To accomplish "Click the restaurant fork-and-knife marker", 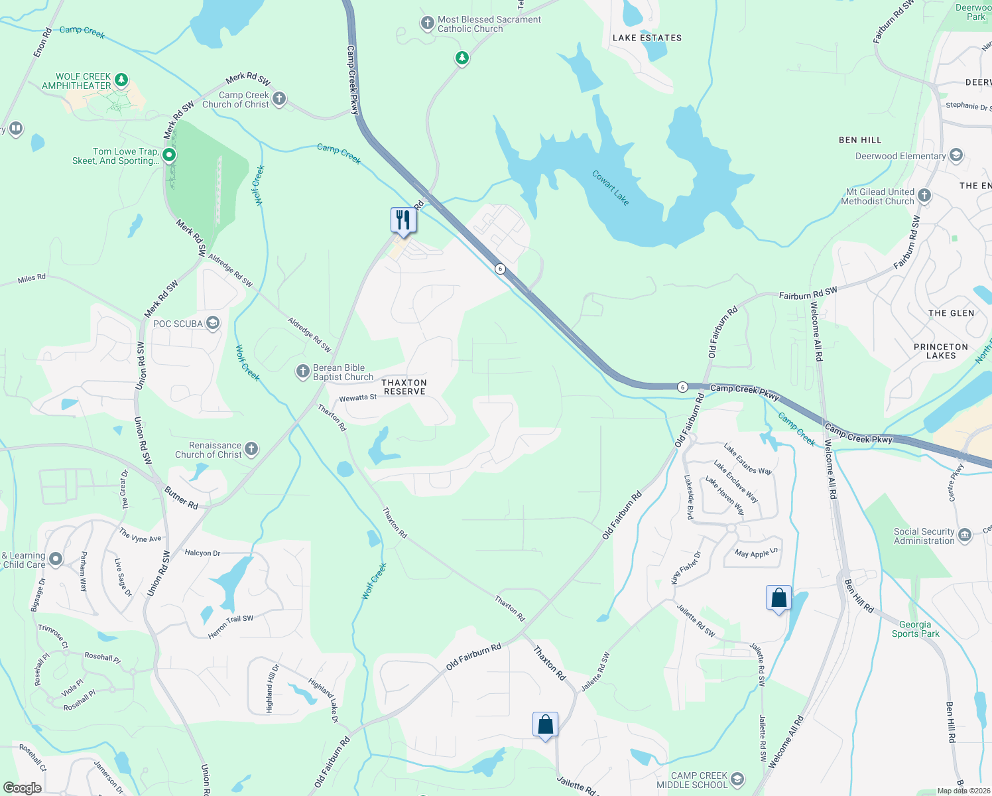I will pyautogui.click(x=403, y=219).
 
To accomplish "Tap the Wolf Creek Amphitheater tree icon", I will pyautogui.click(x=121, y=80).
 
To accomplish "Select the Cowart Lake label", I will pyautogui.click(x=610, y=188).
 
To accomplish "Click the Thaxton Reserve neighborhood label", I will pyautogui.click(x=404, y=387).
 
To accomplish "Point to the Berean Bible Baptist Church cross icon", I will pyautogui.click(x=303, y=371).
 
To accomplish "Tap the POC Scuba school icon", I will pyautogui.click(x=213, y=323).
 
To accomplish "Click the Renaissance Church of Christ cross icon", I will pyautogui.click(x=251, y=449).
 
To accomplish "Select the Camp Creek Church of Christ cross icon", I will pyautogui.click(x=279, y=99).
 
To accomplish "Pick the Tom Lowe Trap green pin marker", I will pyautogui.click(x=169, y=155).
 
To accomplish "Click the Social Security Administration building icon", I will pyautogui.click(x=965, y=535).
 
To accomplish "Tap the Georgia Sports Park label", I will pyautogui.click(x=915, y=629).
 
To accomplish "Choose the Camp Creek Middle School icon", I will pyautogui.click(x=737, y=779).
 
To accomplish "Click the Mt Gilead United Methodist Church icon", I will pyautogui.click(x=924, y=196).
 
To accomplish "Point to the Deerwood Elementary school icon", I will pyautogui.click(x=956, y=156).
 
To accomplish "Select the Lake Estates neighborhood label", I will pyautogui.click(x=647, y=38).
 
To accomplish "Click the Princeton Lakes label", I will pyautogui.click(x=940, y=351).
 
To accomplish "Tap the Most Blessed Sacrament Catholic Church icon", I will pyautogui.click(x=427, y=23).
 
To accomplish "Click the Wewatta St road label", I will pyautogui.click(x=358, y=398).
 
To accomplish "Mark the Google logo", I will pyautogui.click(x=22, y=788).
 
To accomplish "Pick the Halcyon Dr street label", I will pyautogui.click(x=202, y=553).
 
